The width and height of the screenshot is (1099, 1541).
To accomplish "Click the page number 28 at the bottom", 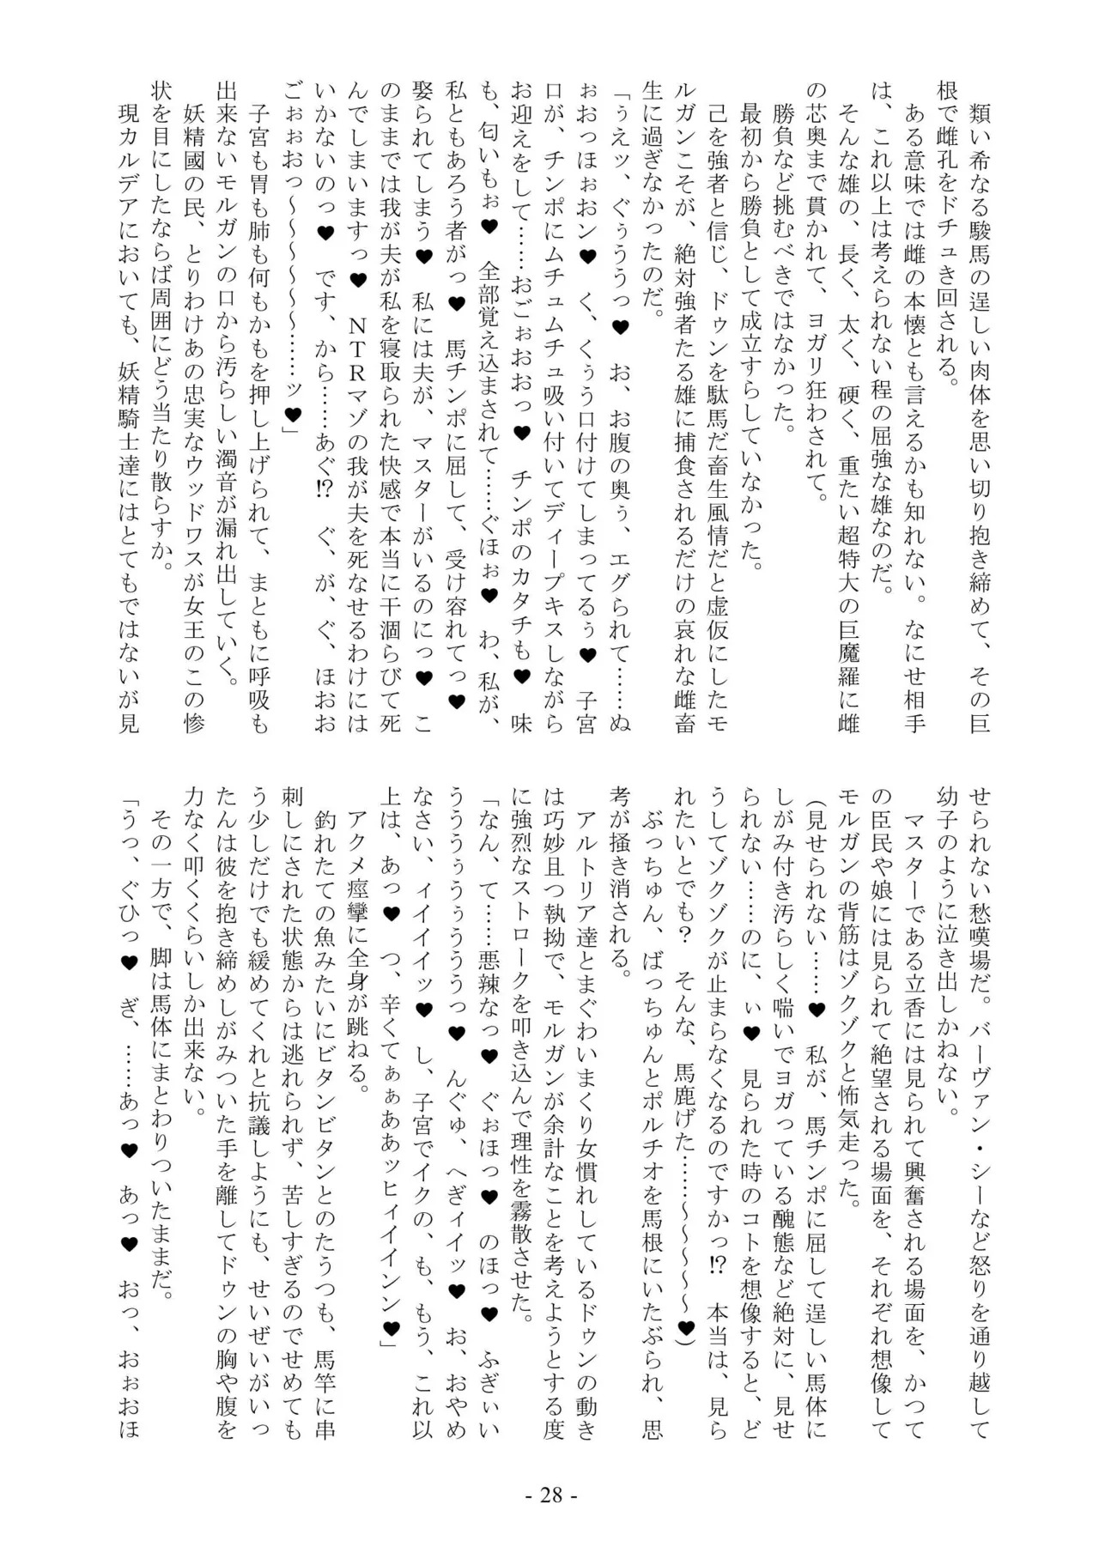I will (x=549, y=1495).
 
